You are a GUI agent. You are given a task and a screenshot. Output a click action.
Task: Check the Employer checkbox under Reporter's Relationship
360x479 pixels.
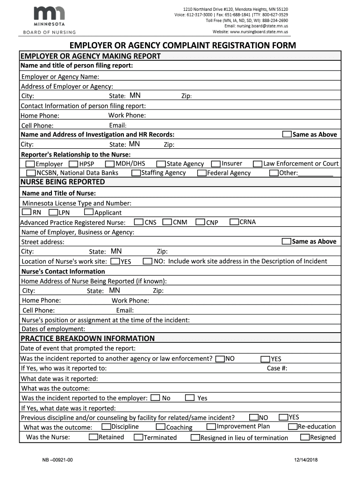click(x=30, y=164)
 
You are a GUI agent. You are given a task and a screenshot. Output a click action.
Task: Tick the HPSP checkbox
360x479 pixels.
click(x=73, y=164)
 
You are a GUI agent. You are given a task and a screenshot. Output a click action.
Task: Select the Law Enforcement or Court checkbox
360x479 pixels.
click(x=257, y=164)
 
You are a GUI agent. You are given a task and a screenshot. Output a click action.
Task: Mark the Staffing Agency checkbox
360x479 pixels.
click(x=136, y=173)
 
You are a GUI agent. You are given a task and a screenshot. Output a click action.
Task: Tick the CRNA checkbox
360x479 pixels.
click(x=234, y=222)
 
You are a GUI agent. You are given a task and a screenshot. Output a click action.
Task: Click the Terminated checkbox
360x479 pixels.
click(x=138, y=437)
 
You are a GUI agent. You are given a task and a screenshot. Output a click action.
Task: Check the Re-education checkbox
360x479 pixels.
click(x=293, y=427)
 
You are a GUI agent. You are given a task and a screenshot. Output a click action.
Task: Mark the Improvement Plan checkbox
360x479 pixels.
click(x=211, y=427)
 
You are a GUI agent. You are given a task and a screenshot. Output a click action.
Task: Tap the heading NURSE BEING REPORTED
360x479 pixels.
click(x=63, y=182)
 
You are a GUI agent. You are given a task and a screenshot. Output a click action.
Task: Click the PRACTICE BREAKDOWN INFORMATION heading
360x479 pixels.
click(x=87, y=338)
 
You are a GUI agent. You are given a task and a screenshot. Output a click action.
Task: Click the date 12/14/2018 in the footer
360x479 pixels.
click(x=306, y=461)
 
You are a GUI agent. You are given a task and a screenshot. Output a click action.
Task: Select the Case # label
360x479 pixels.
click(x=277, y=368)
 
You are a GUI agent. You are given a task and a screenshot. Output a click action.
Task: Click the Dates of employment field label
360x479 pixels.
click(x=53, y=329)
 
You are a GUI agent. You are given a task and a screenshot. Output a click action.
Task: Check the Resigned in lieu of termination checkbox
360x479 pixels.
click(x=195, y=438)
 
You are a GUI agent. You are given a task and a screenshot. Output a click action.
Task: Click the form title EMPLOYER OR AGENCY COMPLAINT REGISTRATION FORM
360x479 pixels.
click(x=183, y=45)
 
